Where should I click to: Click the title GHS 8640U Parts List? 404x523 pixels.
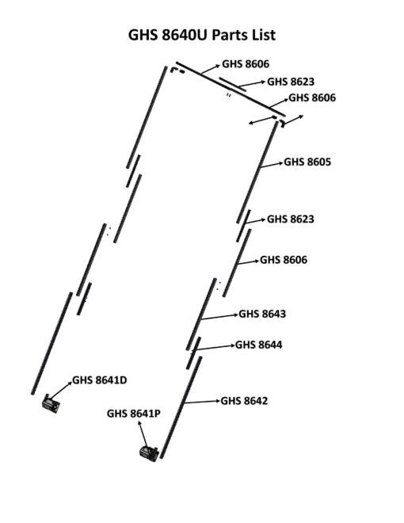click(202, 35)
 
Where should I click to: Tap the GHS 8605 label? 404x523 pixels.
click(307, 162)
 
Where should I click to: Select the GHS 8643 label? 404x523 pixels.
click(262, 314)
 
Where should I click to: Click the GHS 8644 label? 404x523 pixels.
click(259, 345)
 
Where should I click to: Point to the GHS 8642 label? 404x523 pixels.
click(244, 401)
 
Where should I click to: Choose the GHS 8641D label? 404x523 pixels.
click(100, 380)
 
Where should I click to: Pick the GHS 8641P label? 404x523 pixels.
click(134, 414)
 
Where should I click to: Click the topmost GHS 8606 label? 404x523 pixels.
click(246, 63)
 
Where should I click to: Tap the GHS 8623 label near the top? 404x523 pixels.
click(291, 82)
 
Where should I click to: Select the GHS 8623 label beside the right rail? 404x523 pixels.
click(291, 219)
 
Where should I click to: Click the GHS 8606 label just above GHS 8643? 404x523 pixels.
click(284, 259)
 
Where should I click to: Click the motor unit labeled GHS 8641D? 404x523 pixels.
click(51, 403)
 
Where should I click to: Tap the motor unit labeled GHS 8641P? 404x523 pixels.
click(149, 453)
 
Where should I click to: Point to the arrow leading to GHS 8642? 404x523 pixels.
click(202, 402)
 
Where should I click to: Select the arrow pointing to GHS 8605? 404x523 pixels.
click(272, 165)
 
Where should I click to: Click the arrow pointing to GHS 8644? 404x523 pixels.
click(213, 348)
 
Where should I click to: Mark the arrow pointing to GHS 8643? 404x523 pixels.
click(220, 317)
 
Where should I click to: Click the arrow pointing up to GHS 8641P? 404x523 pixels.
click(143, 434)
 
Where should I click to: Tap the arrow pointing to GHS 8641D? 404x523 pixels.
click(61, 390)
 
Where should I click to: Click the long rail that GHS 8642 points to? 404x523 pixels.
click(181, 407)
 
